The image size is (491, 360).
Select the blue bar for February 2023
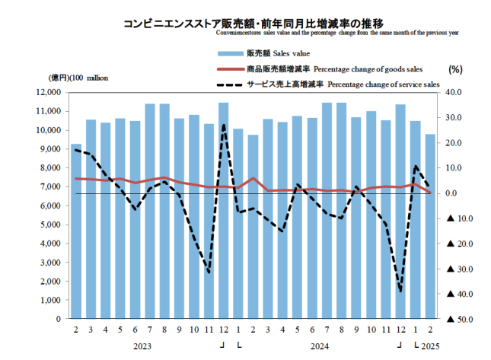click(76, 231)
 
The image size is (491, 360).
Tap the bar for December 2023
click(223, 210)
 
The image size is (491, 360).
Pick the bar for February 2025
click(430, 226)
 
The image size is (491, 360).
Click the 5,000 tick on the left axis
click(49, 225)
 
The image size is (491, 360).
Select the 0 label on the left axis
click(59, 319)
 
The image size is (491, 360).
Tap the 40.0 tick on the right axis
click(455, 92)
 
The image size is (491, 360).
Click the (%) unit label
click(456, 69)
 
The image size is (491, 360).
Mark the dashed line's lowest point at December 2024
click(400, 291)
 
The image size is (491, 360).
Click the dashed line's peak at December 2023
click(223, 125)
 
